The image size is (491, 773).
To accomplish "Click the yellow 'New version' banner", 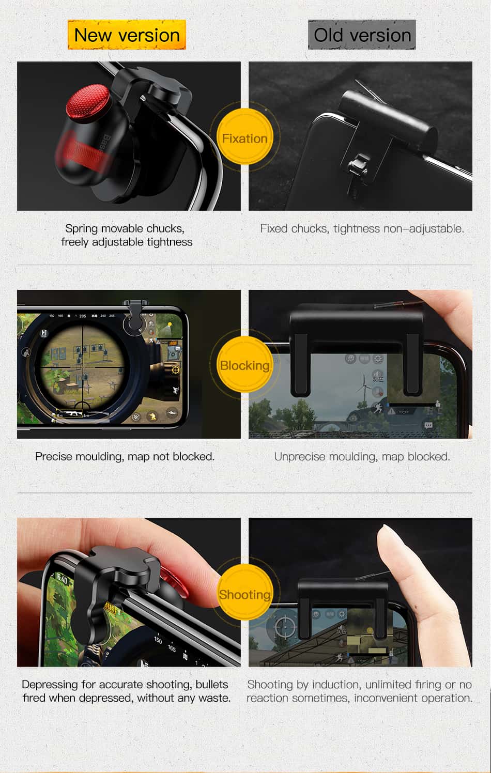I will [x=127, y=35].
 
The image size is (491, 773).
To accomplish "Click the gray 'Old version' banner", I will [x=362, y=35].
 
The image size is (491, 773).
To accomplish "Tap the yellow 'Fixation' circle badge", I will [x=244, y=138].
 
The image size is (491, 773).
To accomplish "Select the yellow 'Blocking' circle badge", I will [x=244, y=365].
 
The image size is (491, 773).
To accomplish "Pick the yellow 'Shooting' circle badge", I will [x=244, y=594].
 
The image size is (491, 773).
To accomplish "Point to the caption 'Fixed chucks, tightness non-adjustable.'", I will [x=362, y=228].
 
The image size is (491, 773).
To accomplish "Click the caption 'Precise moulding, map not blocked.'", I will [x=125, y=456].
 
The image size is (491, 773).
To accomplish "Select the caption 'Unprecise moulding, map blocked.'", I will [x=362, y=456].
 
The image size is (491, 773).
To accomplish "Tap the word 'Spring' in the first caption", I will [x=81, y=228].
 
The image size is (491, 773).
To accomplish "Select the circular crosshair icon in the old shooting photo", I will [x=285, y=627].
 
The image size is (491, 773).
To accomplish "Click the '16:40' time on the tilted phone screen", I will [x=61, y=579].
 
